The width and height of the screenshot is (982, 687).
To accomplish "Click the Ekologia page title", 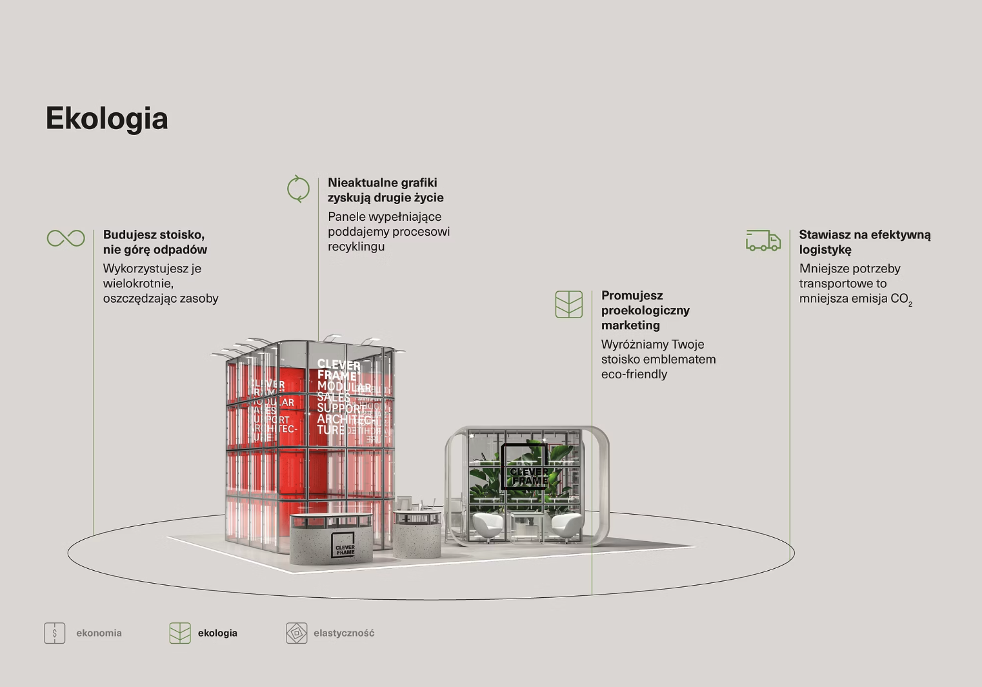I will (x=106, y=119).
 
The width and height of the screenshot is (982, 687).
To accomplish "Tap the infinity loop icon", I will (x=66, y=238).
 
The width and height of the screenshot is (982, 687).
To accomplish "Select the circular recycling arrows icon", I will (x=298, y=189).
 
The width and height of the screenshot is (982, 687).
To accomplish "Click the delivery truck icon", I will (x=763, y=240).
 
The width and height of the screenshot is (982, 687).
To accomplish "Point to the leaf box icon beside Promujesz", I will (x=568, y=304).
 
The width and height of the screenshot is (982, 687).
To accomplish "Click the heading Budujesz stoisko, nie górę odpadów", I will (x=155, y=242).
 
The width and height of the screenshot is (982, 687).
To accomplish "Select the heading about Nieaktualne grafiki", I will (x=385, y=190).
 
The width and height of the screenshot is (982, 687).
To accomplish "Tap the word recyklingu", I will (x=356, y=247).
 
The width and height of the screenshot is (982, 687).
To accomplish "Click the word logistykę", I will (x=825, y=250).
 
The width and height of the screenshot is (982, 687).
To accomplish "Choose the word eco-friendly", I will (x=634, y=374).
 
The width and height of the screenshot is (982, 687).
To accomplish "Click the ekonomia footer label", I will (x=99, y=633).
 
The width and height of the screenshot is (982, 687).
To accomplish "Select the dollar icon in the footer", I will (x=55, y=633).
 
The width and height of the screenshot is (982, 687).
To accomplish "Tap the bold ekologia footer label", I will (x=217, y=633).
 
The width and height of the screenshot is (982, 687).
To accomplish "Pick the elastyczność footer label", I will (x=344, y=633).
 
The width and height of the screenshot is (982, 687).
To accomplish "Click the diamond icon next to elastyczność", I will (x=297, y=633).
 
